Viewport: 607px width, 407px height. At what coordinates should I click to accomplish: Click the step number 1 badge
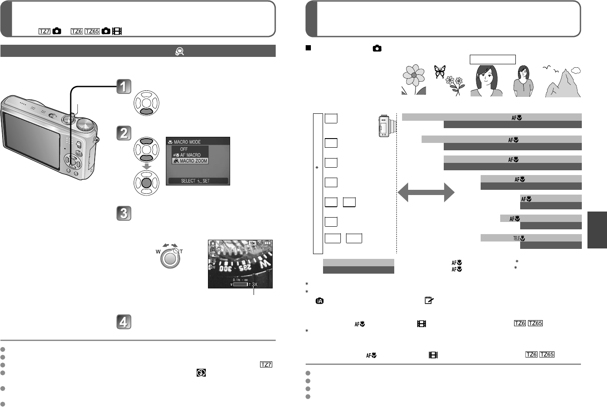(x=124, y=86)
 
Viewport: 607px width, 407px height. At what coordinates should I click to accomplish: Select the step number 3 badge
(x=124, y=213)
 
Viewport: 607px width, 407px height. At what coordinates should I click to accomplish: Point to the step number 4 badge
(x=124, y=322)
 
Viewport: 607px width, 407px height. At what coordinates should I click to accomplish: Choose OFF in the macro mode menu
(x=184, y=149)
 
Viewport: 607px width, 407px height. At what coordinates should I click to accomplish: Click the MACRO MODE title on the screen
(x=187, y=142)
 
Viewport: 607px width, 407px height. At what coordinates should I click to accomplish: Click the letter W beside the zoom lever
(x=158, y=251)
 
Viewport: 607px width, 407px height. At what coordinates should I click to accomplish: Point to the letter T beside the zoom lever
(x=181, y=251)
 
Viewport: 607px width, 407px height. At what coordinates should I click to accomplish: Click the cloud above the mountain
(x=576, y=69)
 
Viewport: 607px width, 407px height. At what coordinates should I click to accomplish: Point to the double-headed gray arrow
(x=426, y=192)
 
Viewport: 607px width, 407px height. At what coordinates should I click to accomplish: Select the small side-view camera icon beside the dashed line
(x=386, y=126)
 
